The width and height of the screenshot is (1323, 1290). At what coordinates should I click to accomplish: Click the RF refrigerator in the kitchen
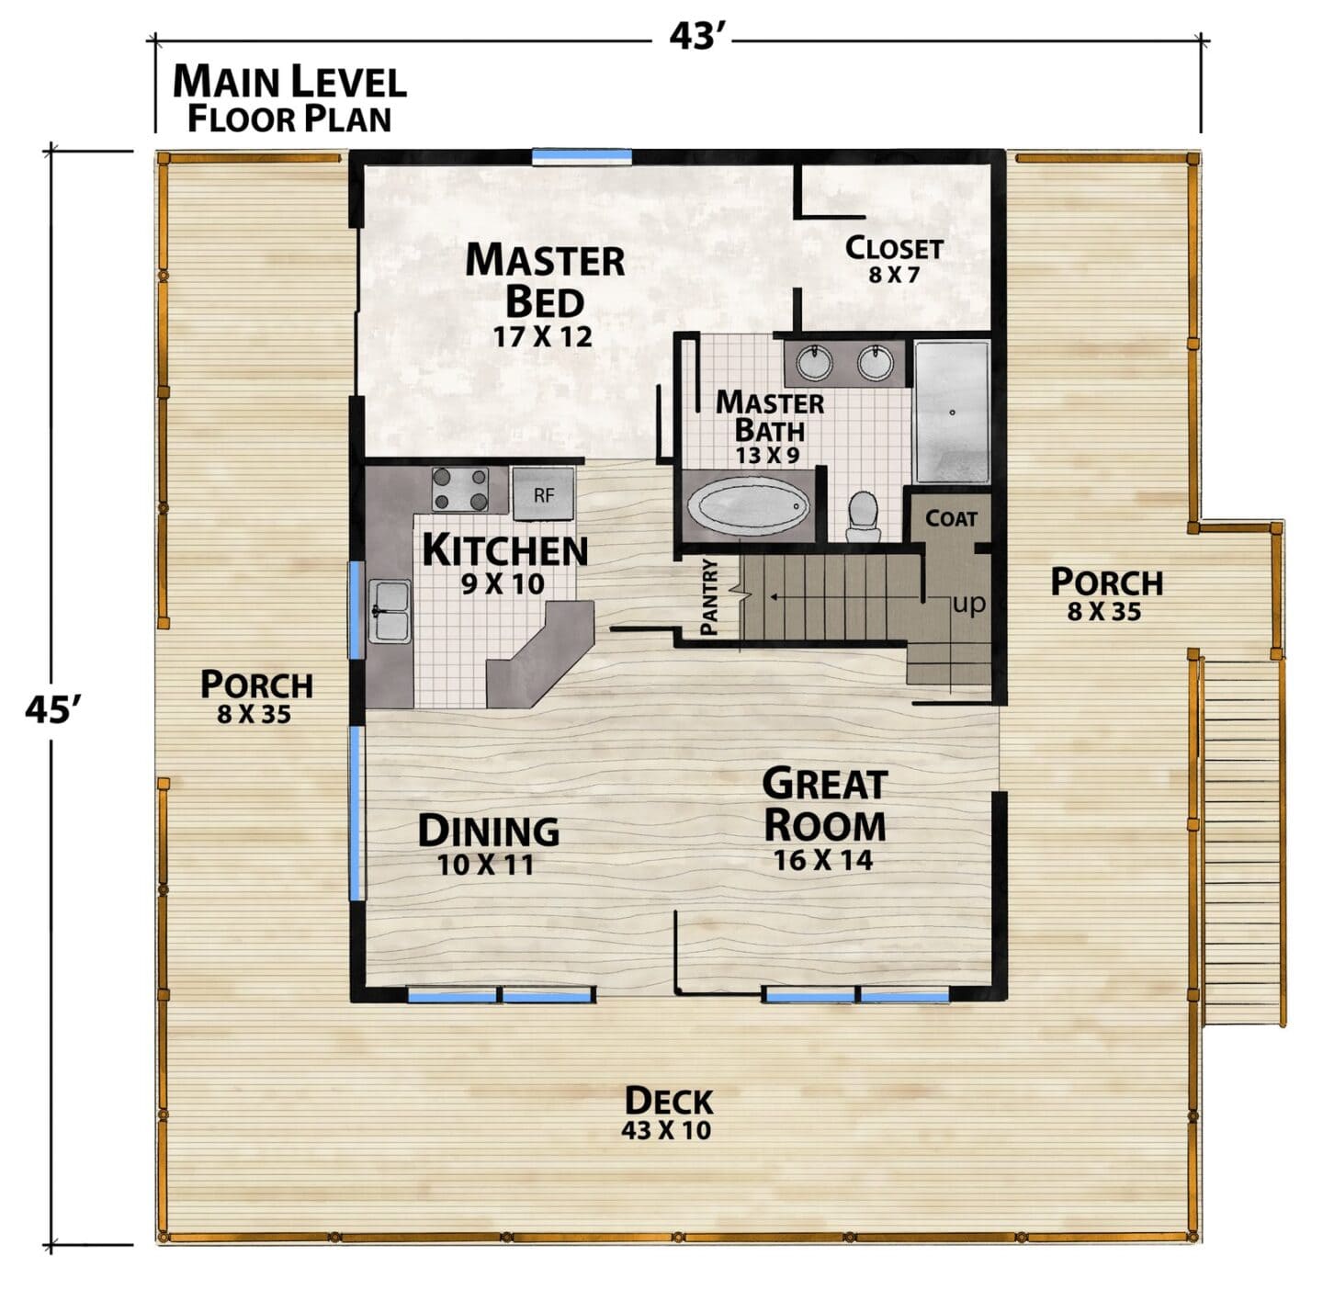pos(543,493)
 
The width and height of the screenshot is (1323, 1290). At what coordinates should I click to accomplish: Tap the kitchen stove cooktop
pos(460,490)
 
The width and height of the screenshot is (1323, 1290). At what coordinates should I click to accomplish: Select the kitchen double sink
pos(390,611)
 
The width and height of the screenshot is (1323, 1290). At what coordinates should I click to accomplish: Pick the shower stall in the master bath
pos(952,413)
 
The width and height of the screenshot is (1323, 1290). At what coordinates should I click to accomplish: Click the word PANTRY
pos(709,596)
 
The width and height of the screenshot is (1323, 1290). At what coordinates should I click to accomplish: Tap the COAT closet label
pos(951,518)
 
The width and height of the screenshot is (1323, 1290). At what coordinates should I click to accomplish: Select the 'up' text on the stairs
pos(968,603)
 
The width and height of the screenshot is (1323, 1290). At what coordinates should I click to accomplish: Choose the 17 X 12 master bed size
pos(542,336)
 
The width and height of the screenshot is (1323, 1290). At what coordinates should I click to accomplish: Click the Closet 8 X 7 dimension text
pos(893,275)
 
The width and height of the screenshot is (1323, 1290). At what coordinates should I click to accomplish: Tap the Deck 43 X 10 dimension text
pos(665,1129)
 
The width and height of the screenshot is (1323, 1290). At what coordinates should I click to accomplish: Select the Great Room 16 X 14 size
pos(822,860)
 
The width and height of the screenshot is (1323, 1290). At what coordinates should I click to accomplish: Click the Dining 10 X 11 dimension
pos(485,865)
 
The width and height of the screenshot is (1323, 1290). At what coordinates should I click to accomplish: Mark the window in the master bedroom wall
pos(582,157)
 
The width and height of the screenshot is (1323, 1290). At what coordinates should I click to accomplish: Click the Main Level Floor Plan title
pos(289,98)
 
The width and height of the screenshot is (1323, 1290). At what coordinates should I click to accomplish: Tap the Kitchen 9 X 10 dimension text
pos(503,583)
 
